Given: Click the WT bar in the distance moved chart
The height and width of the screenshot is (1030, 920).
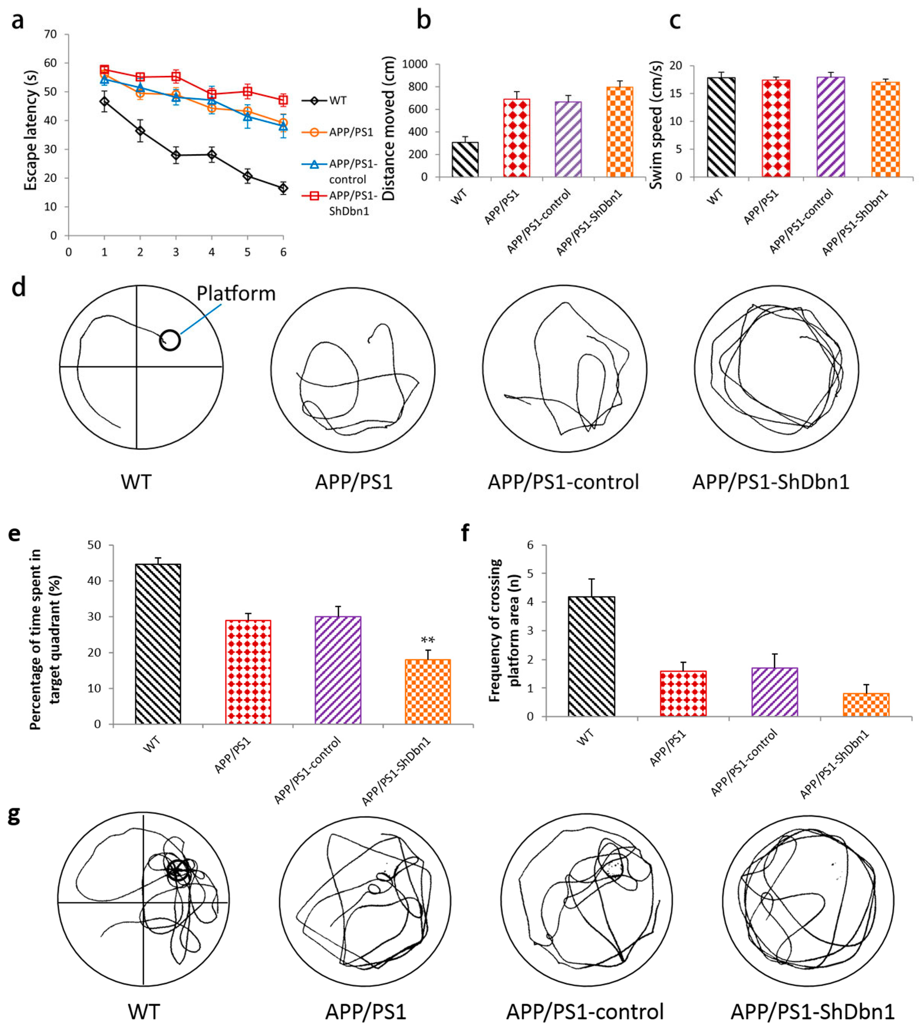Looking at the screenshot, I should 465,160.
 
